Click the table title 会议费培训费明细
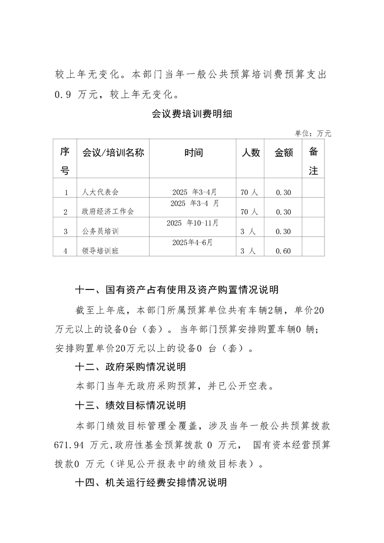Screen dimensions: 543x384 [192, 115]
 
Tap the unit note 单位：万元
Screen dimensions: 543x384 [313, 134]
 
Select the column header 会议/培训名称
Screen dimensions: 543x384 [113, 153]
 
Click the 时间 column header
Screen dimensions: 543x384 [193, 153]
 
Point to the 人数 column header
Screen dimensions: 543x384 [250, 153]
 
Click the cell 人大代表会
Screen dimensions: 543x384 [100, 193]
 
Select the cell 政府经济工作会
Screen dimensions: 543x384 [108, 212]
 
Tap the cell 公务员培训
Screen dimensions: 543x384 [100, 231]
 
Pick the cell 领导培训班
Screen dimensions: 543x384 [100, 251]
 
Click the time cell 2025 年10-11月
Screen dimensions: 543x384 [193, 223]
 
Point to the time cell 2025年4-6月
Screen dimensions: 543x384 [193, 242]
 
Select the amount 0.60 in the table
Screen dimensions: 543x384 [283, 251]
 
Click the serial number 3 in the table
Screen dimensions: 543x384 [65, 231]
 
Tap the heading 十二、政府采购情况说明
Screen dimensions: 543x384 [130, 367]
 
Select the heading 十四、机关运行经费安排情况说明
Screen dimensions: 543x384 [151, 482]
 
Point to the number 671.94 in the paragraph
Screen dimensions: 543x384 [70, 444]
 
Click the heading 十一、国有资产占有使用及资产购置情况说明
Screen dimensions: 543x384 [176, 290]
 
